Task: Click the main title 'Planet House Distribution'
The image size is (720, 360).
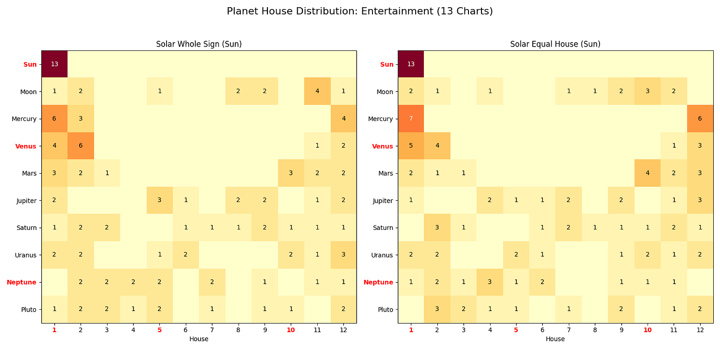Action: pyautogui.click(x=360, y=11)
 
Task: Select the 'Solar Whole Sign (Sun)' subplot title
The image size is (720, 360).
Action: pyautogui.click(x=199, y=44)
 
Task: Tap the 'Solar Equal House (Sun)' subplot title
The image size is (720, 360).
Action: pyautogui.click(x=555, y=44)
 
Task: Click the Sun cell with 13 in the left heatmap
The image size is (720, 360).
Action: pyautogui.click(x=54, y=64)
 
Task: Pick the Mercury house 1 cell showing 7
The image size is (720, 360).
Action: pyautogui.click(x=411, y=119)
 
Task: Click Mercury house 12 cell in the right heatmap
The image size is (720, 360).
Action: pyautogui.click(x=700, y=119)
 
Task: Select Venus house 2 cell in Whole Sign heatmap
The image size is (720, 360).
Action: pyautogui.click(x=81, y=146)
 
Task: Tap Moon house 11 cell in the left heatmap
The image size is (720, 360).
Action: pyautogui.click(x=317, y=92)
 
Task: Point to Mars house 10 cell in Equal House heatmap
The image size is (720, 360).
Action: pyautogui.click(x=648, y=173)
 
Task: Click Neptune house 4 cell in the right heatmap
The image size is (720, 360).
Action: pyautogui.click(x=490, y=282)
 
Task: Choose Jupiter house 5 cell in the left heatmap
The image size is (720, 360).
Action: pyautogui.click(x=159, y=201)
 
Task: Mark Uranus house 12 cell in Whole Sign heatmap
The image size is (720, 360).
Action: pyautogui.click(x=343, y=255)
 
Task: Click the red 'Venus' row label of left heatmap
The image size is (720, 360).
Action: pyautogui.click(x=26, y=146)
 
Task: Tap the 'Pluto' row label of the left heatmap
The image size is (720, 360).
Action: pyautogui.click(x=29, y=310)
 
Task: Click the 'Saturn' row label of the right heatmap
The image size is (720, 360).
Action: pyautogui.click(x=383, y=228)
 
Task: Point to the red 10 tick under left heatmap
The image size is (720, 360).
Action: pyautogui.click(x=290, y=330)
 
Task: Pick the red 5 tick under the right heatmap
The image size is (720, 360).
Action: pyautogui.click(x=516, y=330)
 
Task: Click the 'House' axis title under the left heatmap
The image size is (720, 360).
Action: pyautogui.click(x=199, y=339)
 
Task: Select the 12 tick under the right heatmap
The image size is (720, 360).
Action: pyautogui.click(x=700, y=330)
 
